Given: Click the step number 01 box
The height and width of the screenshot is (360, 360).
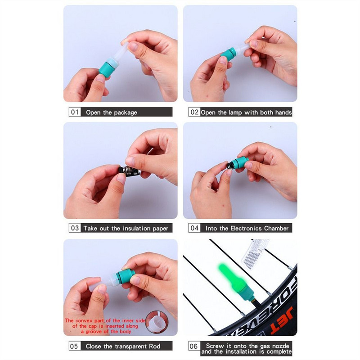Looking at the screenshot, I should [x=75, y=112].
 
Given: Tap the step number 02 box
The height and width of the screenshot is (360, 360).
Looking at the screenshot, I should [x=194, y=112].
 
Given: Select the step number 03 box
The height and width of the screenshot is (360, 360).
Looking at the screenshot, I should [x=75, y=228].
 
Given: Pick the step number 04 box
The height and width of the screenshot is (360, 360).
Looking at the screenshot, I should [x=194, y=228].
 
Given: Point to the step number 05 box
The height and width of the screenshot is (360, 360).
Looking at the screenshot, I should [x=75, y=346].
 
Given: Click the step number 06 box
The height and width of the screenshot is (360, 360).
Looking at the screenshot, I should [x=194, y=346].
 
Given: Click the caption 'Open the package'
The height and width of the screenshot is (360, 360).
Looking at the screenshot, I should [x=111, y=112].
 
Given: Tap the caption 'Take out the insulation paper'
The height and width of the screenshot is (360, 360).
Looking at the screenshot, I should [x=126, y=228].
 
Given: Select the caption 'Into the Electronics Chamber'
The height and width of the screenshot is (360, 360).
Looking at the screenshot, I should [x=247, y=228].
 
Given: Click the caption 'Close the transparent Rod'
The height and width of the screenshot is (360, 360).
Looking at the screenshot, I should [x=122, y=346].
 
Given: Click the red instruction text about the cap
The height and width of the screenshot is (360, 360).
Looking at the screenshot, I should [x=104, y=326].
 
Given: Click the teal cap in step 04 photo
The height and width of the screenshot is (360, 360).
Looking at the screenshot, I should [x=239, y=162].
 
